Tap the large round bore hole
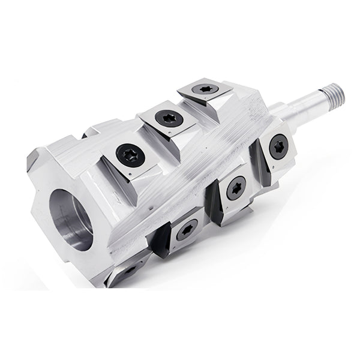pyautogui.click(x=72, y=220)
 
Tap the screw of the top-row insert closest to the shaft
pyautogui.click(x=205, y=89)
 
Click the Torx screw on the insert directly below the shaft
pyautogui.click(x=278, y=146)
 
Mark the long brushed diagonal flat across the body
pyautogui.click(x=192, y=174)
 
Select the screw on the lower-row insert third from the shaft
pyautogui.click(x=185, y=229)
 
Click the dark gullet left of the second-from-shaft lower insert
pyautogui.click(x=212, y=198)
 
